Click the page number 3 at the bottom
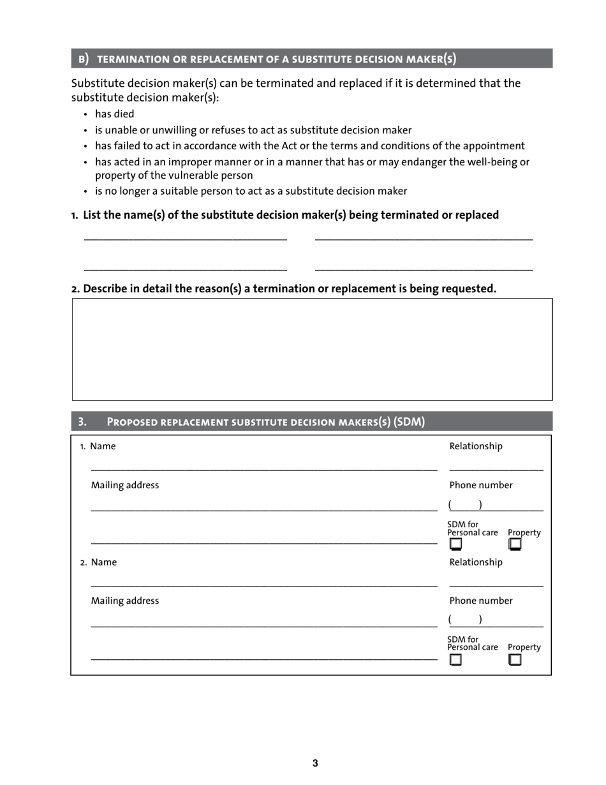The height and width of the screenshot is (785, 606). (315, 763)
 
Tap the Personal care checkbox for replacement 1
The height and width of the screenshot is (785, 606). (455, 544)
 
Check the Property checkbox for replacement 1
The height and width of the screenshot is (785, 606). (515, 544)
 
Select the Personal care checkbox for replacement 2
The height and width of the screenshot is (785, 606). (455, 661)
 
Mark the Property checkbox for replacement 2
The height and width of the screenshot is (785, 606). (515, 661)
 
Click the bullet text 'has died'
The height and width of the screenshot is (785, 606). (115, 114)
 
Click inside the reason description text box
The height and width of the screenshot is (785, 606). (312, 349)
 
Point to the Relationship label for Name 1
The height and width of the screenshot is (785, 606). (476, 446)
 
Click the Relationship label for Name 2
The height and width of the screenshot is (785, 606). (476, 562)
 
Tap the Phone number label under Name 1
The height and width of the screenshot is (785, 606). (481, 485)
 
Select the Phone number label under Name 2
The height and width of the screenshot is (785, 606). (481, 601)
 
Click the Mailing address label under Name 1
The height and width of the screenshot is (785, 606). (125, 485)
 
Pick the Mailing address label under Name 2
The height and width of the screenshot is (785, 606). (125, 601)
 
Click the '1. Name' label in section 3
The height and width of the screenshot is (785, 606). (98, 446)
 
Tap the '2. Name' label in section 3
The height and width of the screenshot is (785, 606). (98, 562)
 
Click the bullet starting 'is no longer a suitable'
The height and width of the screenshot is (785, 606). (251, 191)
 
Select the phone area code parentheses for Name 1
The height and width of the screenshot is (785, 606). (465, 505)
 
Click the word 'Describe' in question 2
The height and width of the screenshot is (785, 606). (105, 288)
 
